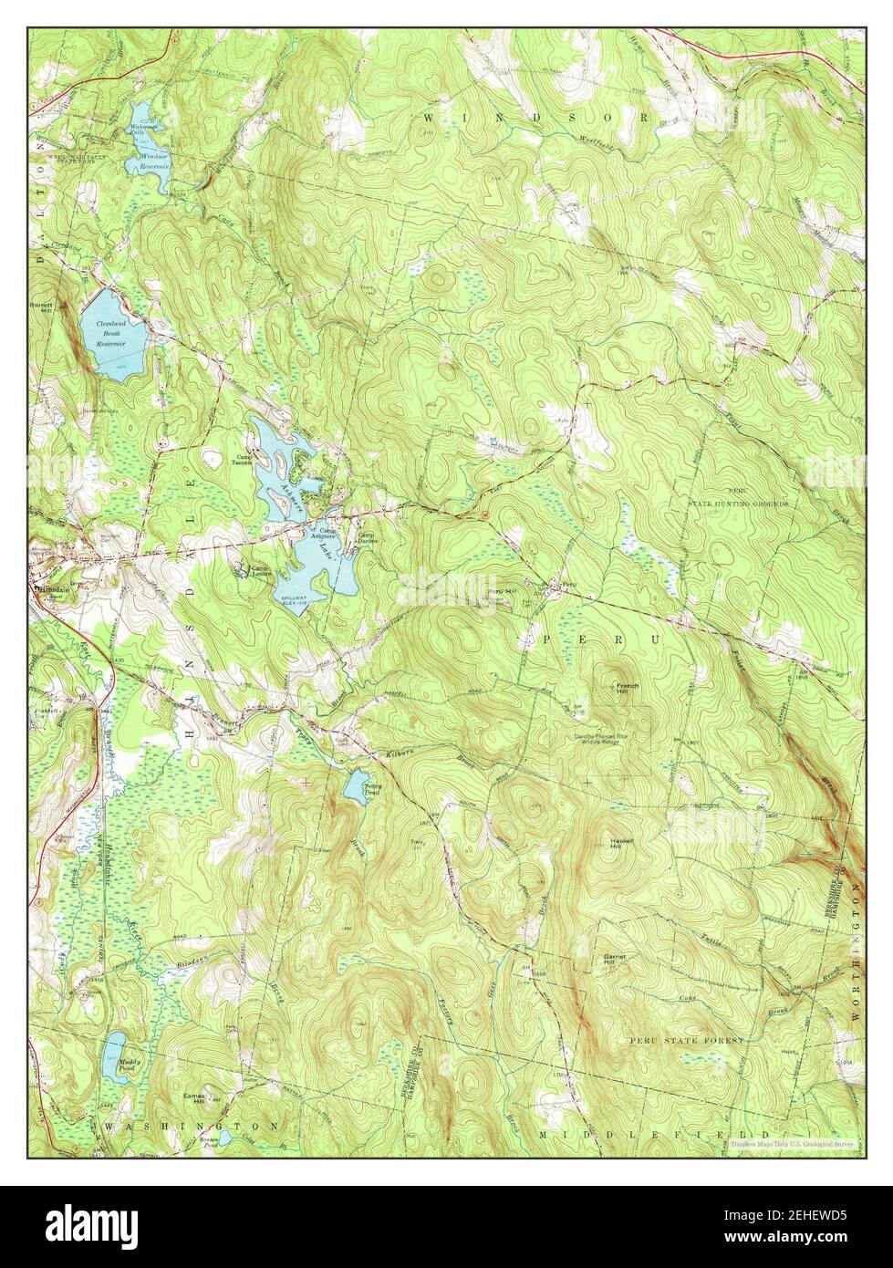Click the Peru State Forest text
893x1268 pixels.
[685, 1039]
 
